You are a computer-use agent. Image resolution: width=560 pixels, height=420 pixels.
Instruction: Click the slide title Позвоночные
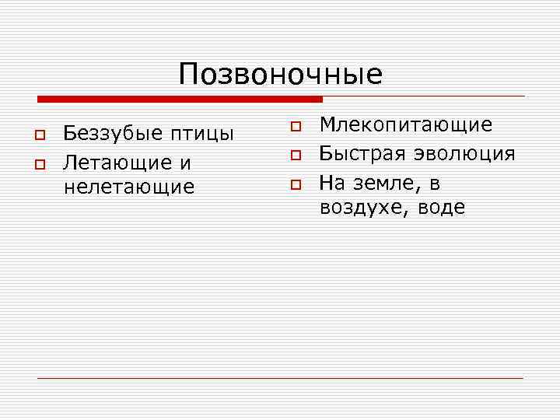tap(280, 75)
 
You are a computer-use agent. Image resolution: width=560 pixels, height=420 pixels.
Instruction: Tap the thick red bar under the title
tap(180, 100)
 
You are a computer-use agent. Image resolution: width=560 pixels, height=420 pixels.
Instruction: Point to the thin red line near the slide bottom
tap(280, 378)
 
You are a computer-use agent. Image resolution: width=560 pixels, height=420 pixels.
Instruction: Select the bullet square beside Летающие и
tap(37, 164)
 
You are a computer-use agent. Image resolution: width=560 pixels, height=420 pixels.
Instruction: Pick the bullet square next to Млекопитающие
tap(296, 125)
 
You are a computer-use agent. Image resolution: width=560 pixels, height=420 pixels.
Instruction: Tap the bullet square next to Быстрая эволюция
tap(296, 156)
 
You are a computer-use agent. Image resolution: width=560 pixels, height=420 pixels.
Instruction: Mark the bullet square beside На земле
tap(296, 185)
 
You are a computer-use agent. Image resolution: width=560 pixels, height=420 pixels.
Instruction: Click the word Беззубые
tap(111, 134)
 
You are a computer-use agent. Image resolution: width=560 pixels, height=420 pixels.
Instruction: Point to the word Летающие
tap(117, 163)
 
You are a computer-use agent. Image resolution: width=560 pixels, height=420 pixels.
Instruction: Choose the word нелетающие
tap(128, 187)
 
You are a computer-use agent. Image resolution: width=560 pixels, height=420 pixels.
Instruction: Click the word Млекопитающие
tap(406, 125)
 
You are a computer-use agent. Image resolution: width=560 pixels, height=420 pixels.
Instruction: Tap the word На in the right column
tap(334, 181)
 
